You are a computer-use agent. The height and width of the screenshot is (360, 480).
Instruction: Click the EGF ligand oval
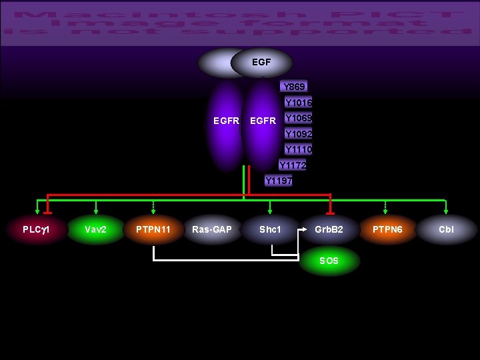(x=261, y=62)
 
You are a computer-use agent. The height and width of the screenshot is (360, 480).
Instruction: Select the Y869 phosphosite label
(x=294, y=87)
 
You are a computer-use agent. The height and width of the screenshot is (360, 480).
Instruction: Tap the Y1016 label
(x=298, y=103)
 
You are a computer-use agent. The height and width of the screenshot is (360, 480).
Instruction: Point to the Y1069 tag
(x=298, y=118)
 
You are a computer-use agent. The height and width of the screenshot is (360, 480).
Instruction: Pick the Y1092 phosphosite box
(x=298, y=134)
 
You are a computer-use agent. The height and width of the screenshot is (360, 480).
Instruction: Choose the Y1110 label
(x=298, y=149)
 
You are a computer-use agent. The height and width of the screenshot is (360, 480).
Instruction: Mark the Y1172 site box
(x=293, y=165)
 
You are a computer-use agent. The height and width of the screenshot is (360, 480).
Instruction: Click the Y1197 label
(x=278, y=180)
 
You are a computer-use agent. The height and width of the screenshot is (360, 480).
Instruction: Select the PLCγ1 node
(x=37, y=229)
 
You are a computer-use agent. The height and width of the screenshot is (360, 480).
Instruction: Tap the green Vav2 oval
(x=96, y=229)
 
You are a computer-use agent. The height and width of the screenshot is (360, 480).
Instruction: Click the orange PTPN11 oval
(x=153, y=229)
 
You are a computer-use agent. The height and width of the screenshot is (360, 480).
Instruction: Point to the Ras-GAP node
(x=212, y=229)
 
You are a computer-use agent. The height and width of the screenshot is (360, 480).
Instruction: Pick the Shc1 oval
(x=270, y=229)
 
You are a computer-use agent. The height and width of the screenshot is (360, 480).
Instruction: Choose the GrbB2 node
(x=329, y=229)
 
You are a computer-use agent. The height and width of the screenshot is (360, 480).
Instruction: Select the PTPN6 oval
(x=387, y=229)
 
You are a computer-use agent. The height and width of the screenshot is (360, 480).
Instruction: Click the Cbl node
(x=446, y=229)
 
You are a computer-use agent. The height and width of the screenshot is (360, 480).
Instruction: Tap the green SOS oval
(x=329, y=261)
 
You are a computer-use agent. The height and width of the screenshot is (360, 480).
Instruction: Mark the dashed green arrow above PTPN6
(x=385, y=207)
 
